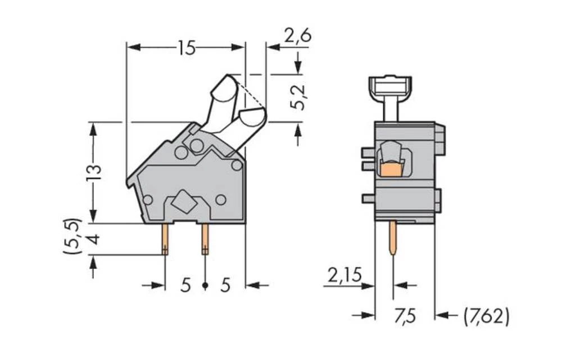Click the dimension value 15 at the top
pos(186,48)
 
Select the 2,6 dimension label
pos(297,36)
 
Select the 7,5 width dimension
pos(404,316)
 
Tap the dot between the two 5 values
pos(205,286)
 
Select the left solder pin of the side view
pos(165,239)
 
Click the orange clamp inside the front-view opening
pos(392,168)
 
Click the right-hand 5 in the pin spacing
pos(225,286)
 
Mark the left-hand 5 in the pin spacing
pos(185,286)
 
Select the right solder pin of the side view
pos(205,239)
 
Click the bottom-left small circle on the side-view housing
pos(148,199)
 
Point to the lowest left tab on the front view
pos(368,198)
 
